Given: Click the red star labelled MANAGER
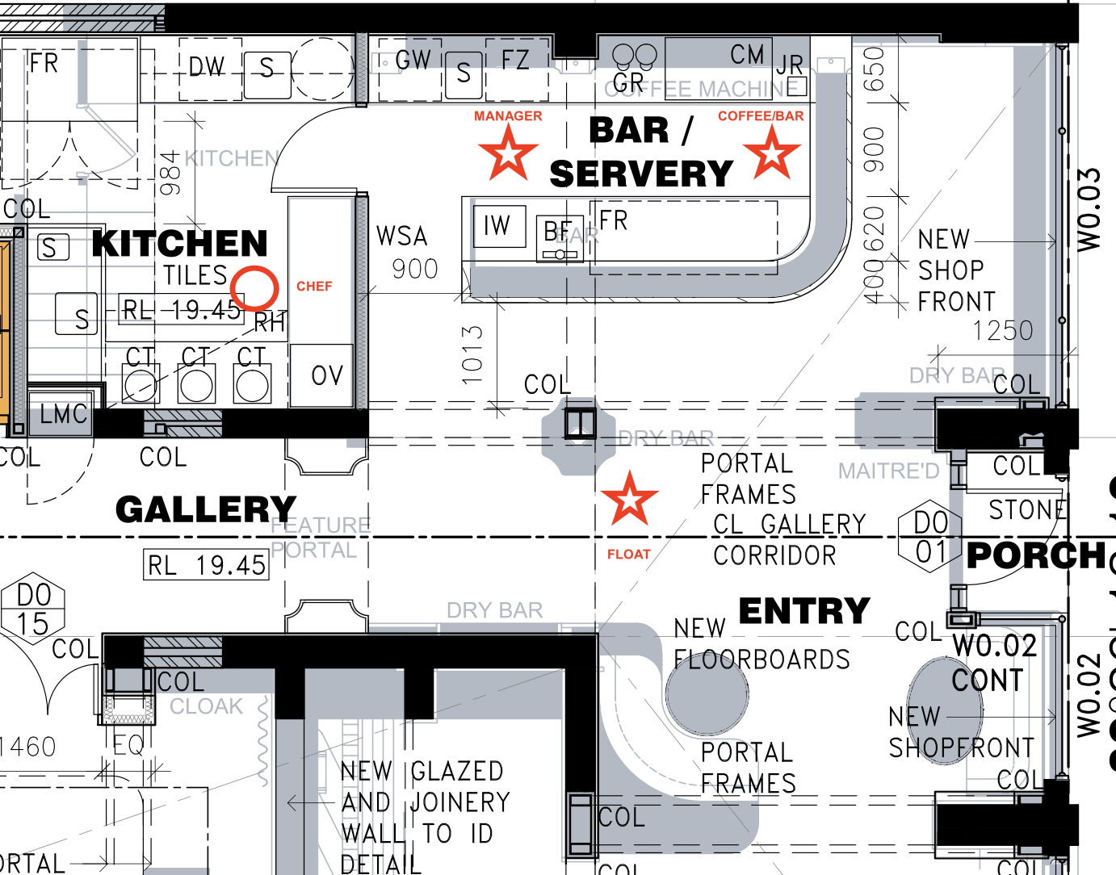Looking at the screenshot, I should point(508,153).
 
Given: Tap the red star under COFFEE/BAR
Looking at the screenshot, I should point(772,153).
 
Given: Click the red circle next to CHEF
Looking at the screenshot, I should point(254,287).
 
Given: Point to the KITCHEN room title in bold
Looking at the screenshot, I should point(179,243).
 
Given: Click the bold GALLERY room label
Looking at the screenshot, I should point(205,509).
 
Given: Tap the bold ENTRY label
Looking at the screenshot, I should point(804,611).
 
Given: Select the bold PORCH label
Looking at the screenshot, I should point(1036,555).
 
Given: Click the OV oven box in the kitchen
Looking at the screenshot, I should point(326,375).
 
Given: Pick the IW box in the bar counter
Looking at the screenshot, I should point(497,225).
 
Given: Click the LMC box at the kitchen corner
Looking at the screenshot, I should point(62,414).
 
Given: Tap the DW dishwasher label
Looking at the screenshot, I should point(207,67).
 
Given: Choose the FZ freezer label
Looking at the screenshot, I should point(515,60).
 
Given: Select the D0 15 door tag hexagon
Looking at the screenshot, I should point(33,609).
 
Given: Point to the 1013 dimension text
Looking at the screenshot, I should point(472,354).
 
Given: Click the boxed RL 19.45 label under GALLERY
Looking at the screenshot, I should point(206,565).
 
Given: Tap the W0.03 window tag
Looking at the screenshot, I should point(1089,209).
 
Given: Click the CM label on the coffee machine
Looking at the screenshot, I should point(747,55).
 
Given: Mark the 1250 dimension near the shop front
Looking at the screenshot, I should point(1002,331).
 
